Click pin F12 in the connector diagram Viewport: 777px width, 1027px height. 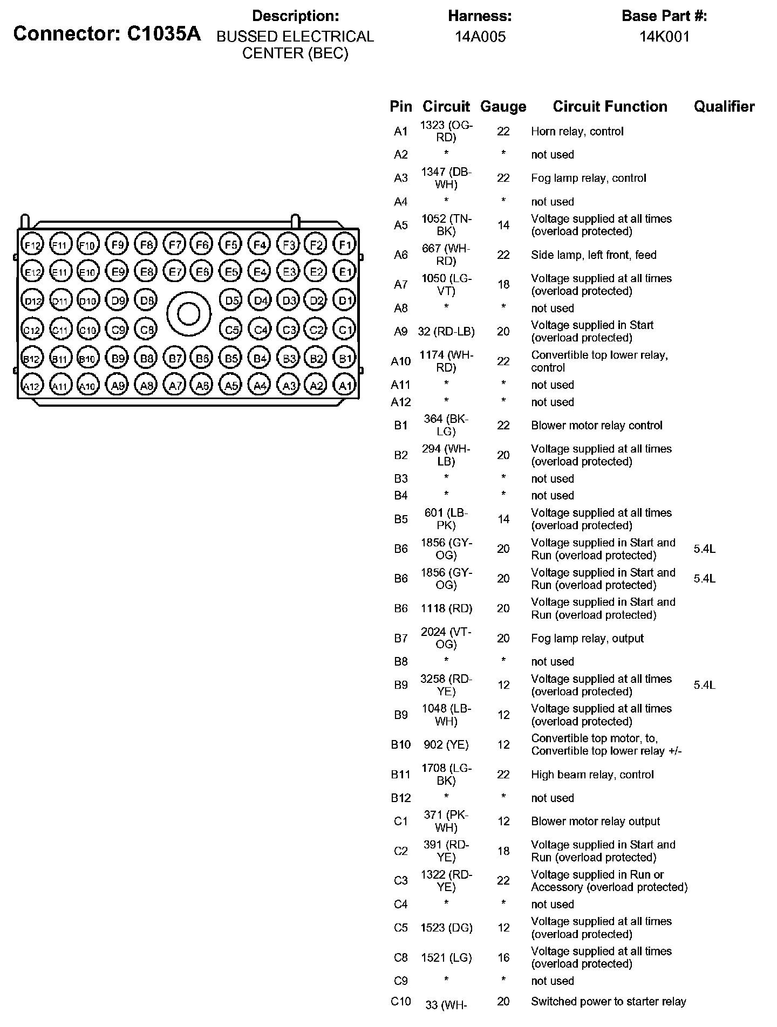click(32, 245)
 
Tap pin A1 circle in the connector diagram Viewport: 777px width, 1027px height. click(344, 385)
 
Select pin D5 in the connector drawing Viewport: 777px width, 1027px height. click(231, 300)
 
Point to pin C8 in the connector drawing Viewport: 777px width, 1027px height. click(146, 328)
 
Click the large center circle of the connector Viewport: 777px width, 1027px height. click(188, 313)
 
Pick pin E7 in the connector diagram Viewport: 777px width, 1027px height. click(174, 272)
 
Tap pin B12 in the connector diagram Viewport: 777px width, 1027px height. click(32, 358)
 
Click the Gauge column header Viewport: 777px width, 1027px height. click(503, 107)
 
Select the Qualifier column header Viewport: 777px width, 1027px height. click(724, 107)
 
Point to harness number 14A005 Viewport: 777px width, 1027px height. click(480, 37)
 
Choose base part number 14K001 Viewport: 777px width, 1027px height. click(664, 37)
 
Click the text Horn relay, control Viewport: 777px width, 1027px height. click(577, 132)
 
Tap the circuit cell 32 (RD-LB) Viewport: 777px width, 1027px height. click(446, 332)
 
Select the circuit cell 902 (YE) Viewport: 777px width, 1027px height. click(446, 745)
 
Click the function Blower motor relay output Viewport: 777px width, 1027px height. click(595, 821)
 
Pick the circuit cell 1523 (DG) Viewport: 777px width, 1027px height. click(446, 928)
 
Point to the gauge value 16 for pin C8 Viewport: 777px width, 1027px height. click(503, 957)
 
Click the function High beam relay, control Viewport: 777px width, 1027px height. click(592, 775)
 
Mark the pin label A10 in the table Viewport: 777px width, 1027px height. click(400, 361)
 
